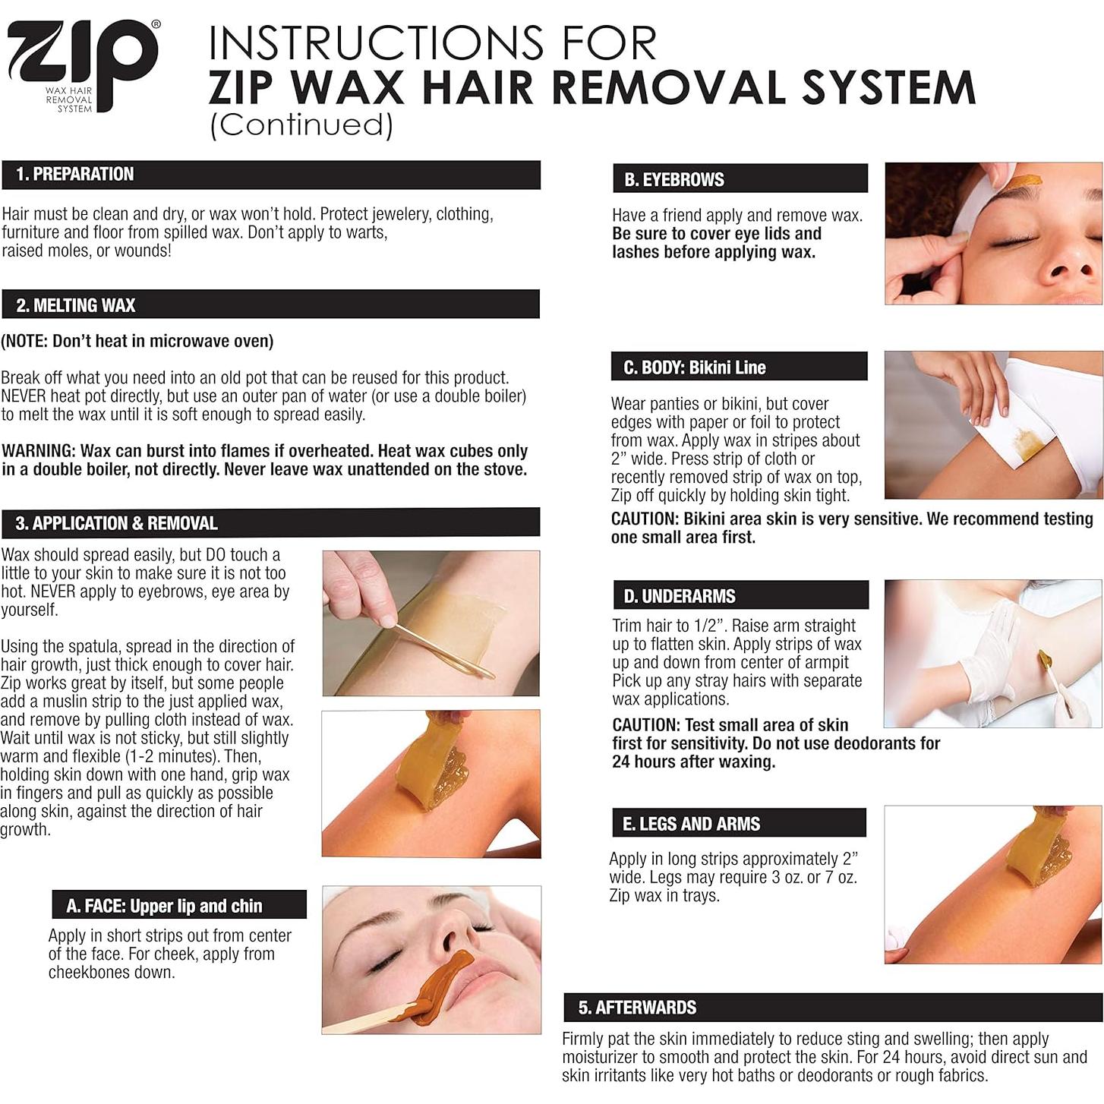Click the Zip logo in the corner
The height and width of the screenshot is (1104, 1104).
point(83,66)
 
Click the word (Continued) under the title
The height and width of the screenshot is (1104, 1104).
point(301,125)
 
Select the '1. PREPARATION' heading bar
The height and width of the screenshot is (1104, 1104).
point(271,175)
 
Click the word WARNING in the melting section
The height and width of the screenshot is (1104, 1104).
point(39,451)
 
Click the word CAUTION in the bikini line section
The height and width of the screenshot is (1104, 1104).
point(645,519)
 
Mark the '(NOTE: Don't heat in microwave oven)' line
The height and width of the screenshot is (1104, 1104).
point(137,342)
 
